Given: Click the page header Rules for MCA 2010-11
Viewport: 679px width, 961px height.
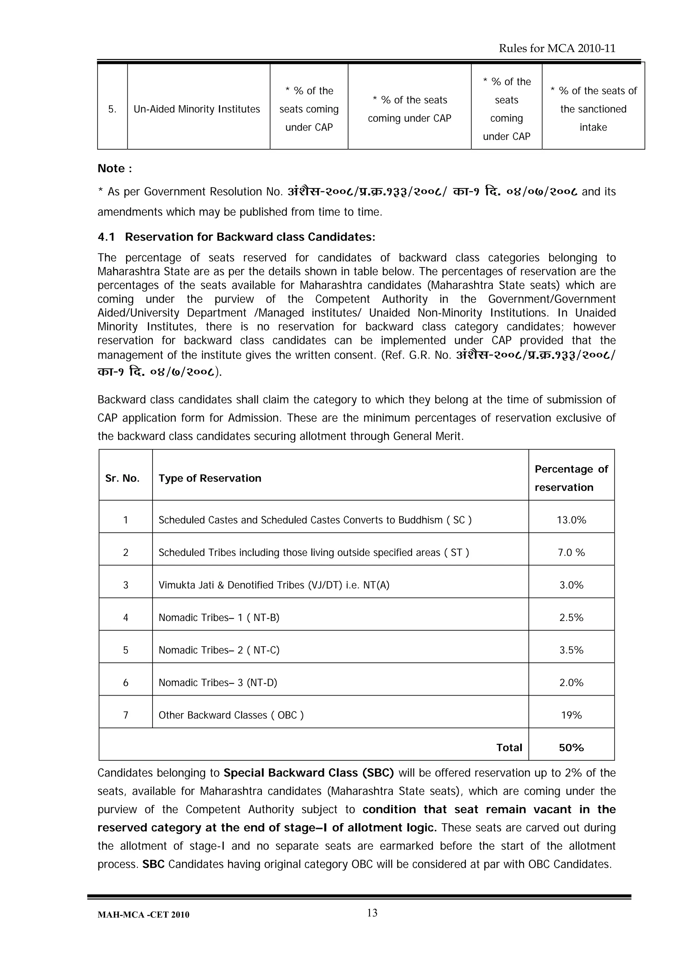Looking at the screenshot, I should tap(557, 48).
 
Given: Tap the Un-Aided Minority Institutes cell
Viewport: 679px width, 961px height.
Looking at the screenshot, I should tap(197, 109).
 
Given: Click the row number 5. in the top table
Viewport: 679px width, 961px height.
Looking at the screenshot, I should tap(112, 109).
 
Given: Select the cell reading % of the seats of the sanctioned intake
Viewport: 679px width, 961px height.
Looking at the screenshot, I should tap(593, 109).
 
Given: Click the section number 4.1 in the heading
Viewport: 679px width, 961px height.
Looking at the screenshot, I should tap(106, 237).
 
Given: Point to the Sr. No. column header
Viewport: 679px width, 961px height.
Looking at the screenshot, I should tap(122, 478).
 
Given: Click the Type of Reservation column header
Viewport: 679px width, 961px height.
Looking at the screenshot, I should tap(210, 478).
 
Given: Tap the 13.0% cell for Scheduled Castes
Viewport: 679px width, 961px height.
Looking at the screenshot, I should tap(571, 520).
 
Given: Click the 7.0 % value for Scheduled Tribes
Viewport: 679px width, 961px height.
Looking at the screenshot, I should tap(571, 553).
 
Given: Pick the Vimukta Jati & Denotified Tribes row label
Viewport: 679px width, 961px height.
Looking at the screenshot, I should tap(274, 585).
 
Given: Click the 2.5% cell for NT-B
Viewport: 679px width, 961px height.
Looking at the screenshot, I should tap(571, 617).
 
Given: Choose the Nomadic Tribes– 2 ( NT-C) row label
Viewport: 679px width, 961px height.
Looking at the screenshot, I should tap(219, 650).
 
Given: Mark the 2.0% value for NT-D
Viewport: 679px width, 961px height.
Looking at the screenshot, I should tap(571, 683).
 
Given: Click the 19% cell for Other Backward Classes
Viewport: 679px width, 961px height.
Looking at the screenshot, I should tap(571, 715).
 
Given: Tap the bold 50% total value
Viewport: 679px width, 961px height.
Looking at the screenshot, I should tap(571, 748).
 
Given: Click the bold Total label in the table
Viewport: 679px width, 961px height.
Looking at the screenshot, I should tap(509, 748).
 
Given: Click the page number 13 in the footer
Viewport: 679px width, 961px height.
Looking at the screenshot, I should tap(372, 913).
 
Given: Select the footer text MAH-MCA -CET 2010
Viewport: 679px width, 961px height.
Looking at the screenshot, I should tap(143, 915).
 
